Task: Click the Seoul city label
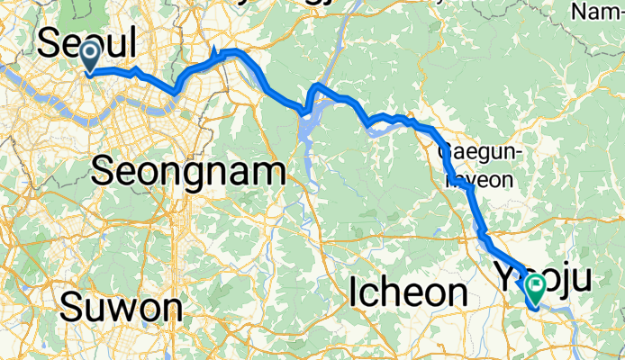coord(86,44)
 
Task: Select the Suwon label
coord(122,309)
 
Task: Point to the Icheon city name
coord(408,292)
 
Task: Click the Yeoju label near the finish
coord(544,276)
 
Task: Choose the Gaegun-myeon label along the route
coord(477,165)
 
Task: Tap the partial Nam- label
coord(597,12)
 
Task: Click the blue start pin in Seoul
coord(91,56)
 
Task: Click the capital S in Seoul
coord(50,44)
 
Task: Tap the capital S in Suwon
coord(72,309)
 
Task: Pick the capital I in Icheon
coord(354,292)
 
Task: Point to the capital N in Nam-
coord(581,12)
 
